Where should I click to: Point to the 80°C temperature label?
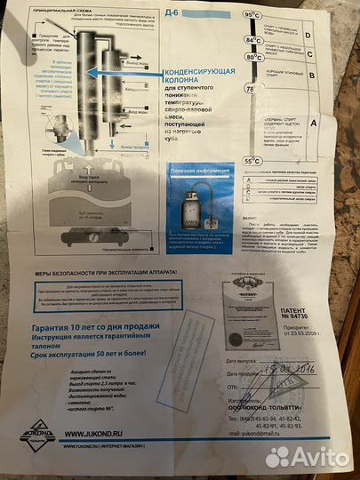pyautogui.click(x=254, y=57)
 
